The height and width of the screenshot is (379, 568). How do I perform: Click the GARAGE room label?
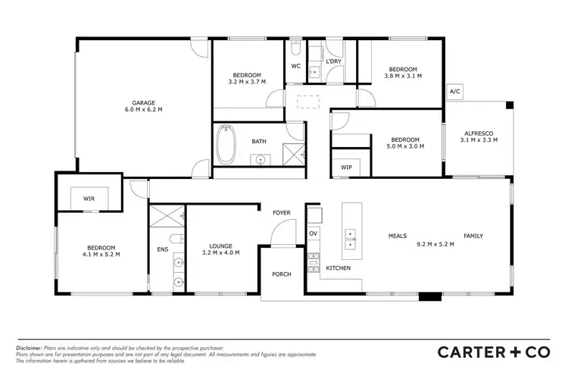(143, 102)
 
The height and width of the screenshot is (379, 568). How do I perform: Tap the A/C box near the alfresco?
(455, 92)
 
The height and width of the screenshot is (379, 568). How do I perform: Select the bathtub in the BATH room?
(226, 145)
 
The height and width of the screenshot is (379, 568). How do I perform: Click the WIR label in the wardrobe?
(89, 199)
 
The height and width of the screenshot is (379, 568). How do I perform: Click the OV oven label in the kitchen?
(313, 233)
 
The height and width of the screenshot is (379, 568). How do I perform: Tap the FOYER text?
(282, 213)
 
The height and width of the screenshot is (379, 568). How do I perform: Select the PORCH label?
(282, 275)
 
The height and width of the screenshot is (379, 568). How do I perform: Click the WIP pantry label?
(347, 167)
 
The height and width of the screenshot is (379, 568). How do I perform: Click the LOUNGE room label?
(221, 245)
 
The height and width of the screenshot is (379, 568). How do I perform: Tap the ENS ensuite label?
(162, 249)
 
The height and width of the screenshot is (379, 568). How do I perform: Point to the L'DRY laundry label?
(334, 61)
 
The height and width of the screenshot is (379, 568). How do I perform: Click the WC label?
(296, 66)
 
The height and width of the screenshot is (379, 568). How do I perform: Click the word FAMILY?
(473, 236)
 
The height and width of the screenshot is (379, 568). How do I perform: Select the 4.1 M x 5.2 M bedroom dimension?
(100, 255)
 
